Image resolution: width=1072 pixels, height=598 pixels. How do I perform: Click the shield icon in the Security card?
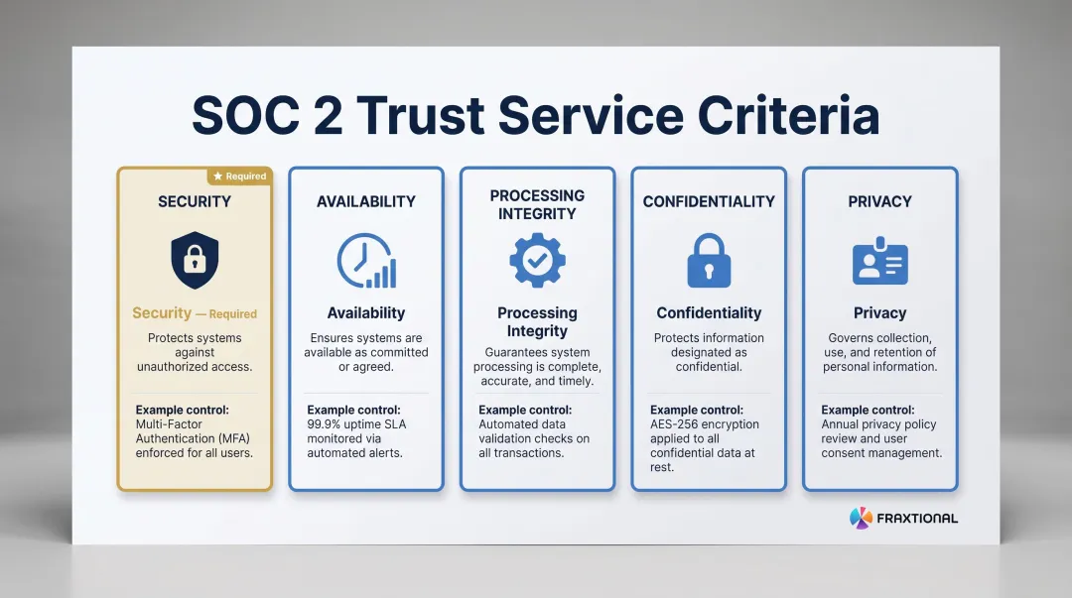[195, 260]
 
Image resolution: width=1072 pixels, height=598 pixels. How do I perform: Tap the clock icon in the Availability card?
[365, 261]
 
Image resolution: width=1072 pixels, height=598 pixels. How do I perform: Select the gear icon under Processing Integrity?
[537, 260]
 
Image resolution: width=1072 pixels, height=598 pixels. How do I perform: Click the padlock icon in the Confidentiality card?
[709, 260]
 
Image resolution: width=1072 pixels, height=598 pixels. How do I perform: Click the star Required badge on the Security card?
[238, 177]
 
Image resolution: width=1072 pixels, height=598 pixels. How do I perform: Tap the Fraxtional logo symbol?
[860, 518]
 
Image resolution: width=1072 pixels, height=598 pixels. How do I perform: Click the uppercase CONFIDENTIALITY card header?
[709, 201]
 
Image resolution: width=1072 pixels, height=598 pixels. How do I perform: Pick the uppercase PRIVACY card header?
[879, 201]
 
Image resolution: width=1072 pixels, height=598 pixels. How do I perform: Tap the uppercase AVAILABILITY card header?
[365, 201]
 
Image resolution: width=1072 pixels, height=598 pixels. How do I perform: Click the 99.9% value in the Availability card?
[327, 424]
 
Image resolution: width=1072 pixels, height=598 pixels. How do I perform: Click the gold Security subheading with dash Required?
[195, 313]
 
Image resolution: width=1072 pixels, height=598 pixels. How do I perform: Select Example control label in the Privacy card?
[869, 410]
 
